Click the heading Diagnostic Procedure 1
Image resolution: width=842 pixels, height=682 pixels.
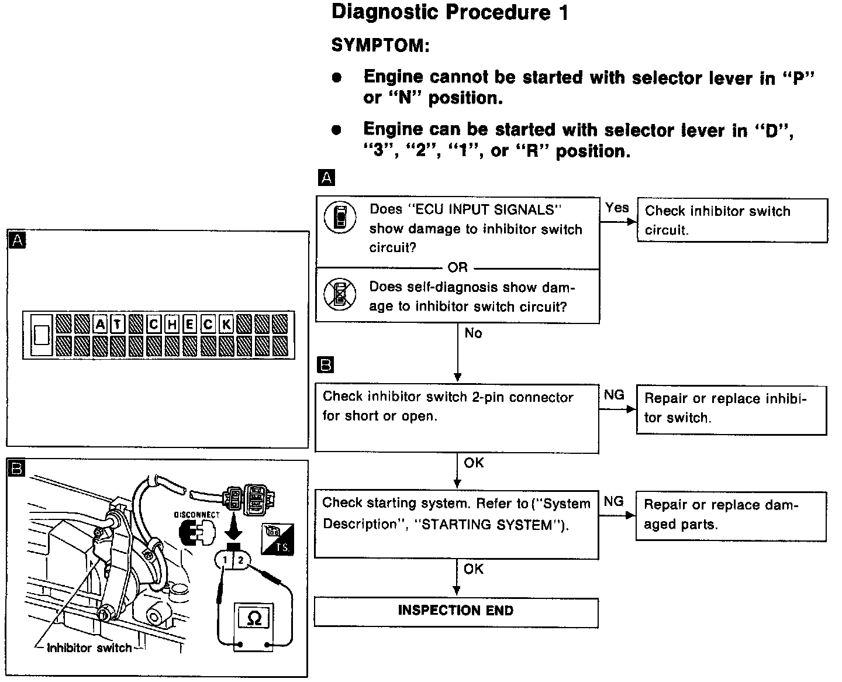click(x=450, y=13)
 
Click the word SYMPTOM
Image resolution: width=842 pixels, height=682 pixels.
click(x=380, y=46)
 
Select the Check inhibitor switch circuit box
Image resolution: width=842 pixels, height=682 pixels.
click(x=731, y=221)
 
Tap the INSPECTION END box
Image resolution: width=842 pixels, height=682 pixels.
click(x=456, y=611)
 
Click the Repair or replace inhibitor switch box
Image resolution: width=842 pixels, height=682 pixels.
click(x=731, y=409)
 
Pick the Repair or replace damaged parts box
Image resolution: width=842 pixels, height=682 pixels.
click(x=730, y=515)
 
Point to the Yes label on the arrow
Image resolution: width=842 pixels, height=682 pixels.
click(x=617, y=208)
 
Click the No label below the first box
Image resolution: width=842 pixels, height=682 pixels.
click(x=473, y=333)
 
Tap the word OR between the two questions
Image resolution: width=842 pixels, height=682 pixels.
click(x=457, y=268)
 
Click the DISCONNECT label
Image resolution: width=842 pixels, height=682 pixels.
click(x=196, y=515)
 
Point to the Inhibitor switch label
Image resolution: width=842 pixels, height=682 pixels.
click(x=89, y=648)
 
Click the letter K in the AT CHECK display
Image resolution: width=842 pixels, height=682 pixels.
click(x=226, y=324)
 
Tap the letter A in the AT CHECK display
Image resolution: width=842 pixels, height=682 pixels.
click(x=100, y=324)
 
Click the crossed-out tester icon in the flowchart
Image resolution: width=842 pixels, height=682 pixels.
click(x=340, y=295)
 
